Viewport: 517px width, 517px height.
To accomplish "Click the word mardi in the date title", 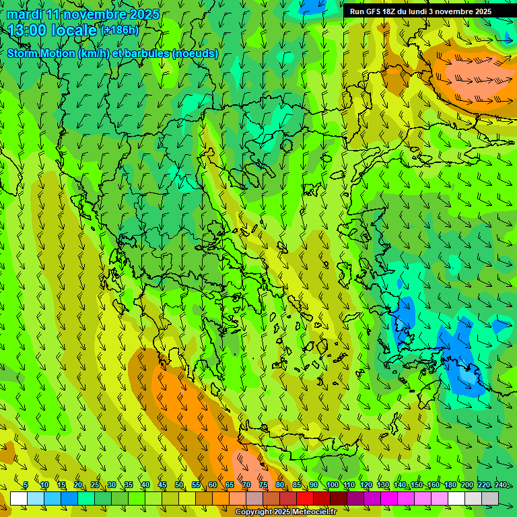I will pos(24,14).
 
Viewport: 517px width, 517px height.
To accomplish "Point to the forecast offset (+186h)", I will pos(119,30).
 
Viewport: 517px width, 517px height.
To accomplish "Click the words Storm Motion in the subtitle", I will pos(41,54).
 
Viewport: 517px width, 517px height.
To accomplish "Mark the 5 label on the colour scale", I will pos(26,485).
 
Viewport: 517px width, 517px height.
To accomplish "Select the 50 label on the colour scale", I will pos(179,485).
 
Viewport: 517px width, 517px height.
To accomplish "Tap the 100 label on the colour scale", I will pos(332,485).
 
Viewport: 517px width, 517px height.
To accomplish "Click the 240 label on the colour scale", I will pos(500,485).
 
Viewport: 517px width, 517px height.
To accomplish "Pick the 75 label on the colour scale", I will pos(263,485).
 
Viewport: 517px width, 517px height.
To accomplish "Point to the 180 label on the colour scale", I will pos(450,485).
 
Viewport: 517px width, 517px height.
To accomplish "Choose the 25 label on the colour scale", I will pos(95,485).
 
